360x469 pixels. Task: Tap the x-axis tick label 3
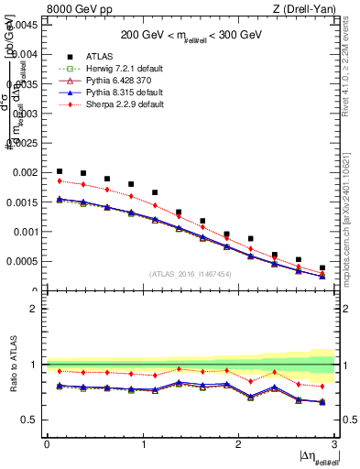click(x=335, y=443)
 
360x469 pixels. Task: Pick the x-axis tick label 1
click(x=143, y=443)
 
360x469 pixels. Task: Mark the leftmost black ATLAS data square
click(x=60, y=171)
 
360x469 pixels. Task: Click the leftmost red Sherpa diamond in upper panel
click(x=60, y=180)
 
